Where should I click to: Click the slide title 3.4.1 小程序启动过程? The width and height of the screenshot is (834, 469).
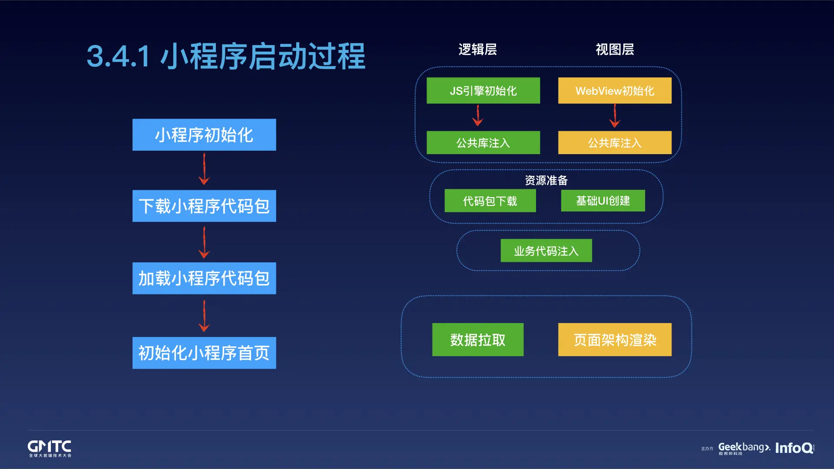pos(226,56)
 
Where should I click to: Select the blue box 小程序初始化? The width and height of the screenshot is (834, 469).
pos(204,135)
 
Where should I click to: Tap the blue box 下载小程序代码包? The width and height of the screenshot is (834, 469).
pos(204,206)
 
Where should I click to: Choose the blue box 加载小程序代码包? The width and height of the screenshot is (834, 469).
pos(204,278)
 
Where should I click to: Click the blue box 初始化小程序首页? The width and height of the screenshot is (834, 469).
pos(204,353)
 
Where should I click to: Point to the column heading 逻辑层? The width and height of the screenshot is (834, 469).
pos(477,50)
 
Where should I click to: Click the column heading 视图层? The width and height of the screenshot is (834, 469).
pos(615,50)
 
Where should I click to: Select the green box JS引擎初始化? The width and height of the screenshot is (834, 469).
pos(483,91)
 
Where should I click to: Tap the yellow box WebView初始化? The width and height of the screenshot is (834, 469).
pos(615,91)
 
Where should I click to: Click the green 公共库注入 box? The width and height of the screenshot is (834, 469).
pos(483,142)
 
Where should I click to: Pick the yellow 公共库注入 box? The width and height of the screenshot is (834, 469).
pos(615,142)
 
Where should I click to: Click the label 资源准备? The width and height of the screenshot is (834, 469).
pos(546,180)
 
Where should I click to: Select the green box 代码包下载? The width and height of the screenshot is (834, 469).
pos(490,201)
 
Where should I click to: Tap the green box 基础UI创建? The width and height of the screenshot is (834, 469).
pos(603,201)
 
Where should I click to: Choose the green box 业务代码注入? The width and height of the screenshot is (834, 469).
pos(546,251)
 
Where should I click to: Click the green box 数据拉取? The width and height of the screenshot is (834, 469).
pos(478,340)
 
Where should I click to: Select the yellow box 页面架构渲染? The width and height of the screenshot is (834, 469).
pos(615,340)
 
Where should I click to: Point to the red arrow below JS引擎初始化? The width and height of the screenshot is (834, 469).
pos(478,116)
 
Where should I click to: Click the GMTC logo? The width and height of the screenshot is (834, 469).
pos(50,448)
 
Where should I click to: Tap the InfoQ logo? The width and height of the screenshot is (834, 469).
pos(794,448)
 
